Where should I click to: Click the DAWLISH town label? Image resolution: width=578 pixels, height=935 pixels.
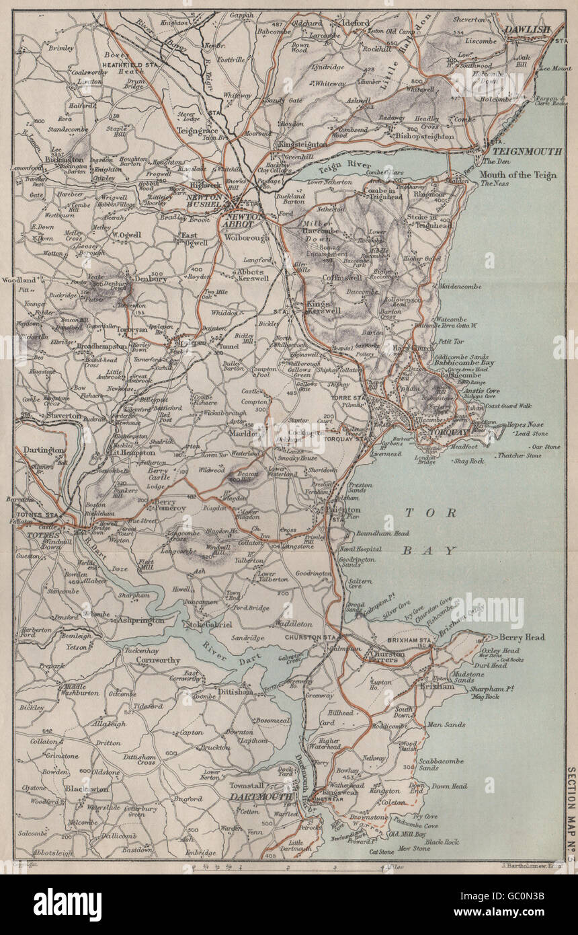pos(528,30)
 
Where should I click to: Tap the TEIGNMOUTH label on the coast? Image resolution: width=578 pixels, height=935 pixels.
pos(526,152)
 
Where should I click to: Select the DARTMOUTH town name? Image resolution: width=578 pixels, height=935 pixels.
pos(261,796)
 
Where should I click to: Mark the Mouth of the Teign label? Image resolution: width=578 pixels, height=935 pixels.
pos(518,176)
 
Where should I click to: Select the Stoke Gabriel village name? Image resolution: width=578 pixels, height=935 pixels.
pos(209,625)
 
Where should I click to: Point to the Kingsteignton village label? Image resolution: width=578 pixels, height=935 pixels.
pos(299,145)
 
